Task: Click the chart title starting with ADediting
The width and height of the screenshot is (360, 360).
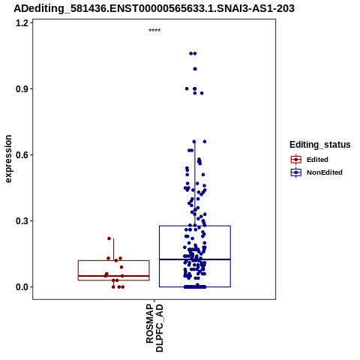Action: (154, 8)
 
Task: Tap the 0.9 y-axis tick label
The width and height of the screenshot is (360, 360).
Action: (22, 89)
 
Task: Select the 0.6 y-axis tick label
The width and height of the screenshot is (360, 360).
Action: (22, 155)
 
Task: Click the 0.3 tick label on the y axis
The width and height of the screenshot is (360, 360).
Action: (22, 221)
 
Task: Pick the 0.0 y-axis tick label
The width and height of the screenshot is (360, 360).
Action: (22, 287)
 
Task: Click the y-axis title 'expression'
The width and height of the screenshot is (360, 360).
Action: (8, 159)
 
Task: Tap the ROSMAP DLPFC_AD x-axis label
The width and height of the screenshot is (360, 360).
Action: (154, 328)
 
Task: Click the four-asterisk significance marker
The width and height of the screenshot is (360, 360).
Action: (154, 31)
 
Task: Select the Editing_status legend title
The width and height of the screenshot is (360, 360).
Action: (320, 145)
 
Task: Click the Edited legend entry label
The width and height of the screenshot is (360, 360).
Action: (317, 160)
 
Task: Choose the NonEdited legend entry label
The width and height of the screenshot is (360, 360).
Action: (325, 172)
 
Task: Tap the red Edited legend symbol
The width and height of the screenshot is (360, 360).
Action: (296, 160)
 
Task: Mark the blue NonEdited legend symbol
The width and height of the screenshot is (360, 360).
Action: (296, 172)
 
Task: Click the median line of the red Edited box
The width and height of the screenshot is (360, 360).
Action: (114, 276)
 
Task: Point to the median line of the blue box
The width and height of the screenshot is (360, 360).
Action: (195, 259)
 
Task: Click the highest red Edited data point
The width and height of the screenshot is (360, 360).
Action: (109, 238)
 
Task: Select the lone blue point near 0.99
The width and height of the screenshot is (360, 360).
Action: (195, 69)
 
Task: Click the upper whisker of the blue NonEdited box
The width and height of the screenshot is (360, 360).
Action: (195, 184)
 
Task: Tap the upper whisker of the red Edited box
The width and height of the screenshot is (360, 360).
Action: (114, 250)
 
